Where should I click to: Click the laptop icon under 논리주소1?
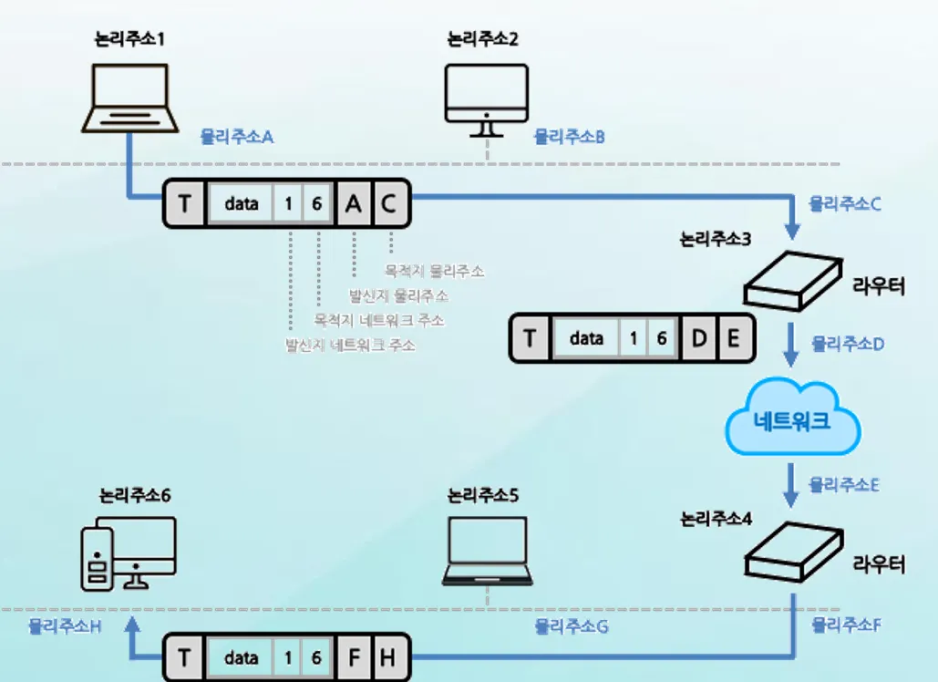click(127, 98)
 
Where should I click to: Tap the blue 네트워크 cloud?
click(793, 421)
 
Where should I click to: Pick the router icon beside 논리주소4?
click(791, 553)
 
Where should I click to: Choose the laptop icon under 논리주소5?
click(488, 551)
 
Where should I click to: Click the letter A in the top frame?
click(353, 203)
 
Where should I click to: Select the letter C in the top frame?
click(388, 203)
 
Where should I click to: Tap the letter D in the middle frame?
click(699, 338)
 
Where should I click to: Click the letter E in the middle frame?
click(734, 338)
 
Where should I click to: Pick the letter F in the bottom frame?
click(353, 657)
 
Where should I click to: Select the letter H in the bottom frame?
click(387, 657)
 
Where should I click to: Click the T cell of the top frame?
click(185, 203)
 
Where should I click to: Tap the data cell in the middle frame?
click(586, 338)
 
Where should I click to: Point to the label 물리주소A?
click(237, 137)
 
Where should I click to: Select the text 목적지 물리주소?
click(434, 271)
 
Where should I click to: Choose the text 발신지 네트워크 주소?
click(350, 346)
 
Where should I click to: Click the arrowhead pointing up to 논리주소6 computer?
click(133, 622)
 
